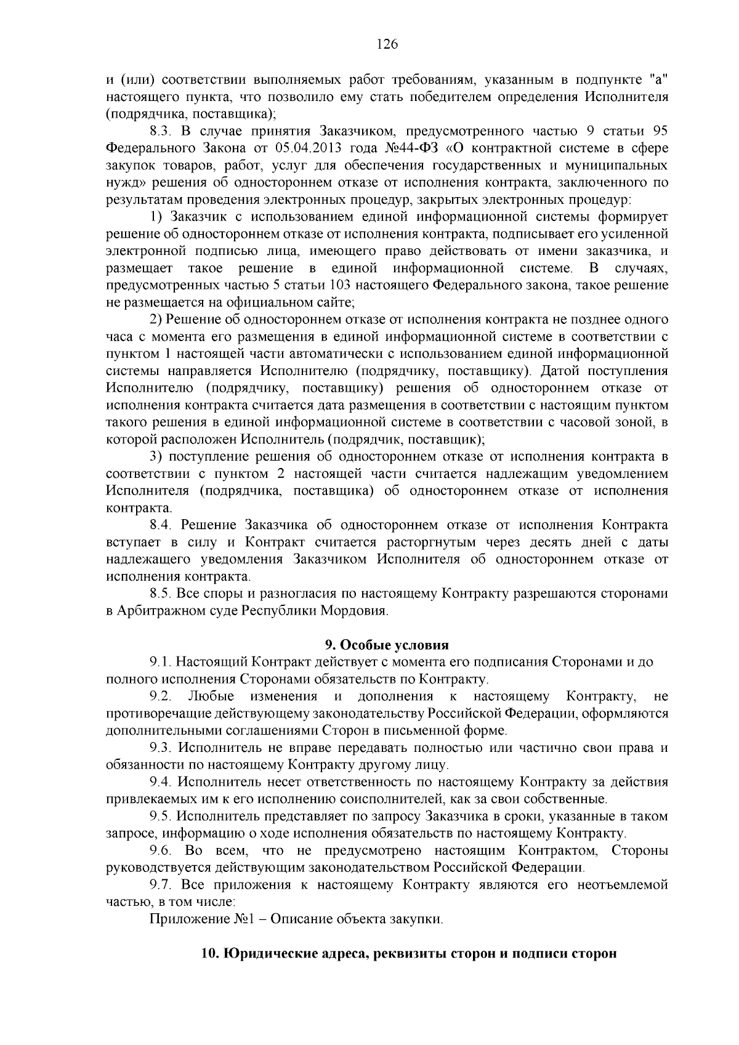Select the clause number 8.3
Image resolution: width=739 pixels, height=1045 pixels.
pyautogui.click(x=162, y=131)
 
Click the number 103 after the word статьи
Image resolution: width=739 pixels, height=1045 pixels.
pyautogui.click(x=341, y=285)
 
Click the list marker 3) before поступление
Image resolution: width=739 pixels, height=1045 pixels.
pyautogui.click(x=156, y=457)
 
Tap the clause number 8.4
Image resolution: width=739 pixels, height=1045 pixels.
pyautogui.click(x=162, y=525)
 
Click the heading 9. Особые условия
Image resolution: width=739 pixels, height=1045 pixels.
pyautogui.click(x=387, y=645)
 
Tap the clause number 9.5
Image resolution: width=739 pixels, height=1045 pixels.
pyautogui.click(x=162, y=817)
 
